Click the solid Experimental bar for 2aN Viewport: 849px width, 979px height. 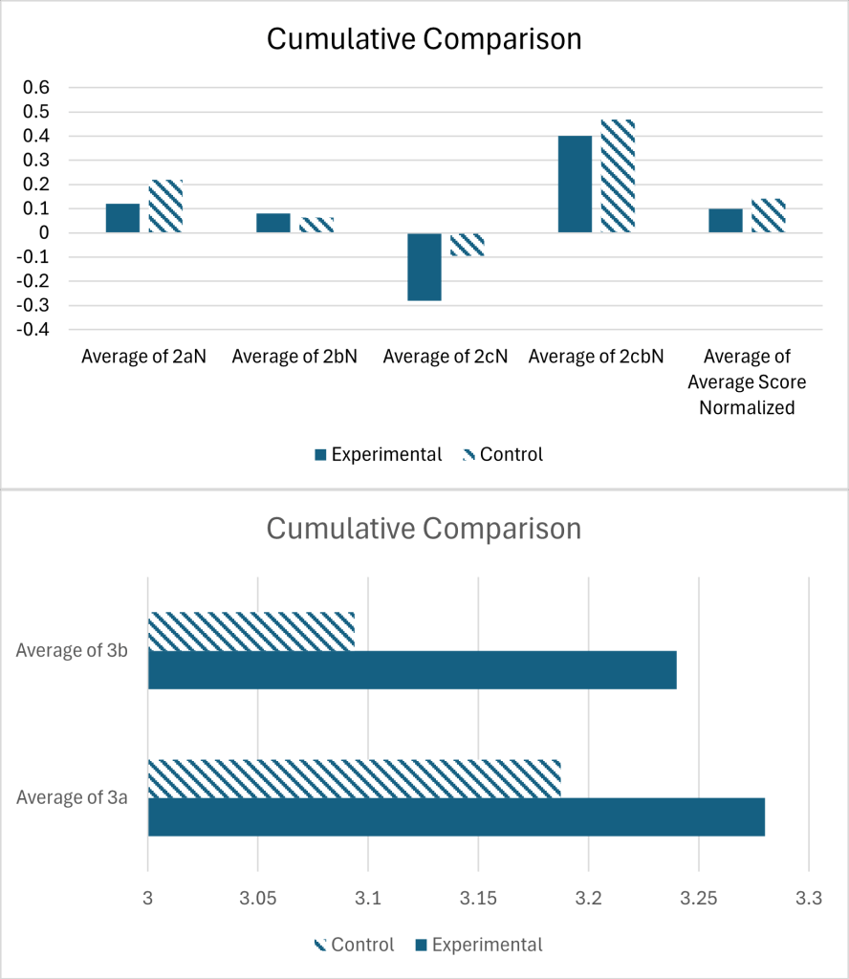click(x=122, y=218)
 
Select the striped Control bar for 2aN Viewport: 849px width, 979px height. click(x=165, y=207)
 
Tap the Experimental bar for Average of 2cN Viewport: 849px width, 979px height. click(x=424, y=267)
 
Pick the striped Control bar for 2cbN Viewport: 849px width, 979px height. click(x=618, y=177)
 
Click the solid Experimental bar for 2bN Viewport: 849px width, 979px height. click(x=273, y=223)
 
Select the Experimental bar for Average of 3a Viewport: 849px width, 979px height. click(x=456, y=816)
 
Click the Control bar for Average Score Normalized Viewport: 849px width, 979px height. click(x=768, y=216)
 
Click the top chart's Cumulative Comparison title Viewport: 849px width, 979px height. click(x=424, y=39)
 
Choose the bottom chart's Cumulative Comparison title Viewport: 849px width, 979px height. click(x=424, y=528)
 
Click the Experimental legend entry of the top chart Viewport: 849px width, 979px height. click(x=378, y=454)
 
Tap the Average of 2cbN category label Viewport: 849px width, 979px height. click(x=596, y=358)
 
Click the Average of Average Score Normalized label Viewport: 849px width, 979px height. click(x=753, y=382)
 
